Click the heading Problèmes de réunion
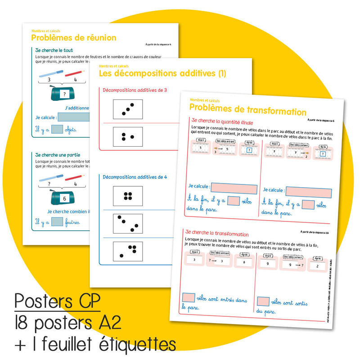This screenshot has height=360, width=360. click(x=73, y=38)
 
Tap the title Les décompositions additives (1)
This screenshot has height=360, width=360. click(x=162, y=73)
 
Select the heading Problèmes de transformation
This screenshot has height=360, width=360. click(x=247, y=111)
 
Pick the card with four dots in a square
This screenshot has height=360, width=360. click(x=127, y=196)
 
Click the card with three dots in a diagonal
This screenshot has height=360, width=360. click(x=127, y=109)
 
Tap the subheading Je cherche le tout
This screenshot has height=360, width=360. click(x=54, y=50)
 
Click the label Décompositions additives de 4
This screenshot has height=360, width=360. click(x=135, y=177)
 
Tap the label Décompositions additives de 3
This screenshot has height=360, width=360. click(x=135, y=90)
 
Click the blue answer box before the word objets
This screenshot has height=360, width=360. click(x=57, y=130)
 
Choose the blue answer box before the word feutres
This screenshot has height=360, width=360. click(x=57, y=221)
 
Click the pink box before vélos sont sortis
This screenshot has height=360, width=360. click(x=263, y=302)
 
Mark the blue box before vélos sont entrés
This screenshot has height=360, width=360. click(x=189, y=297)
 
